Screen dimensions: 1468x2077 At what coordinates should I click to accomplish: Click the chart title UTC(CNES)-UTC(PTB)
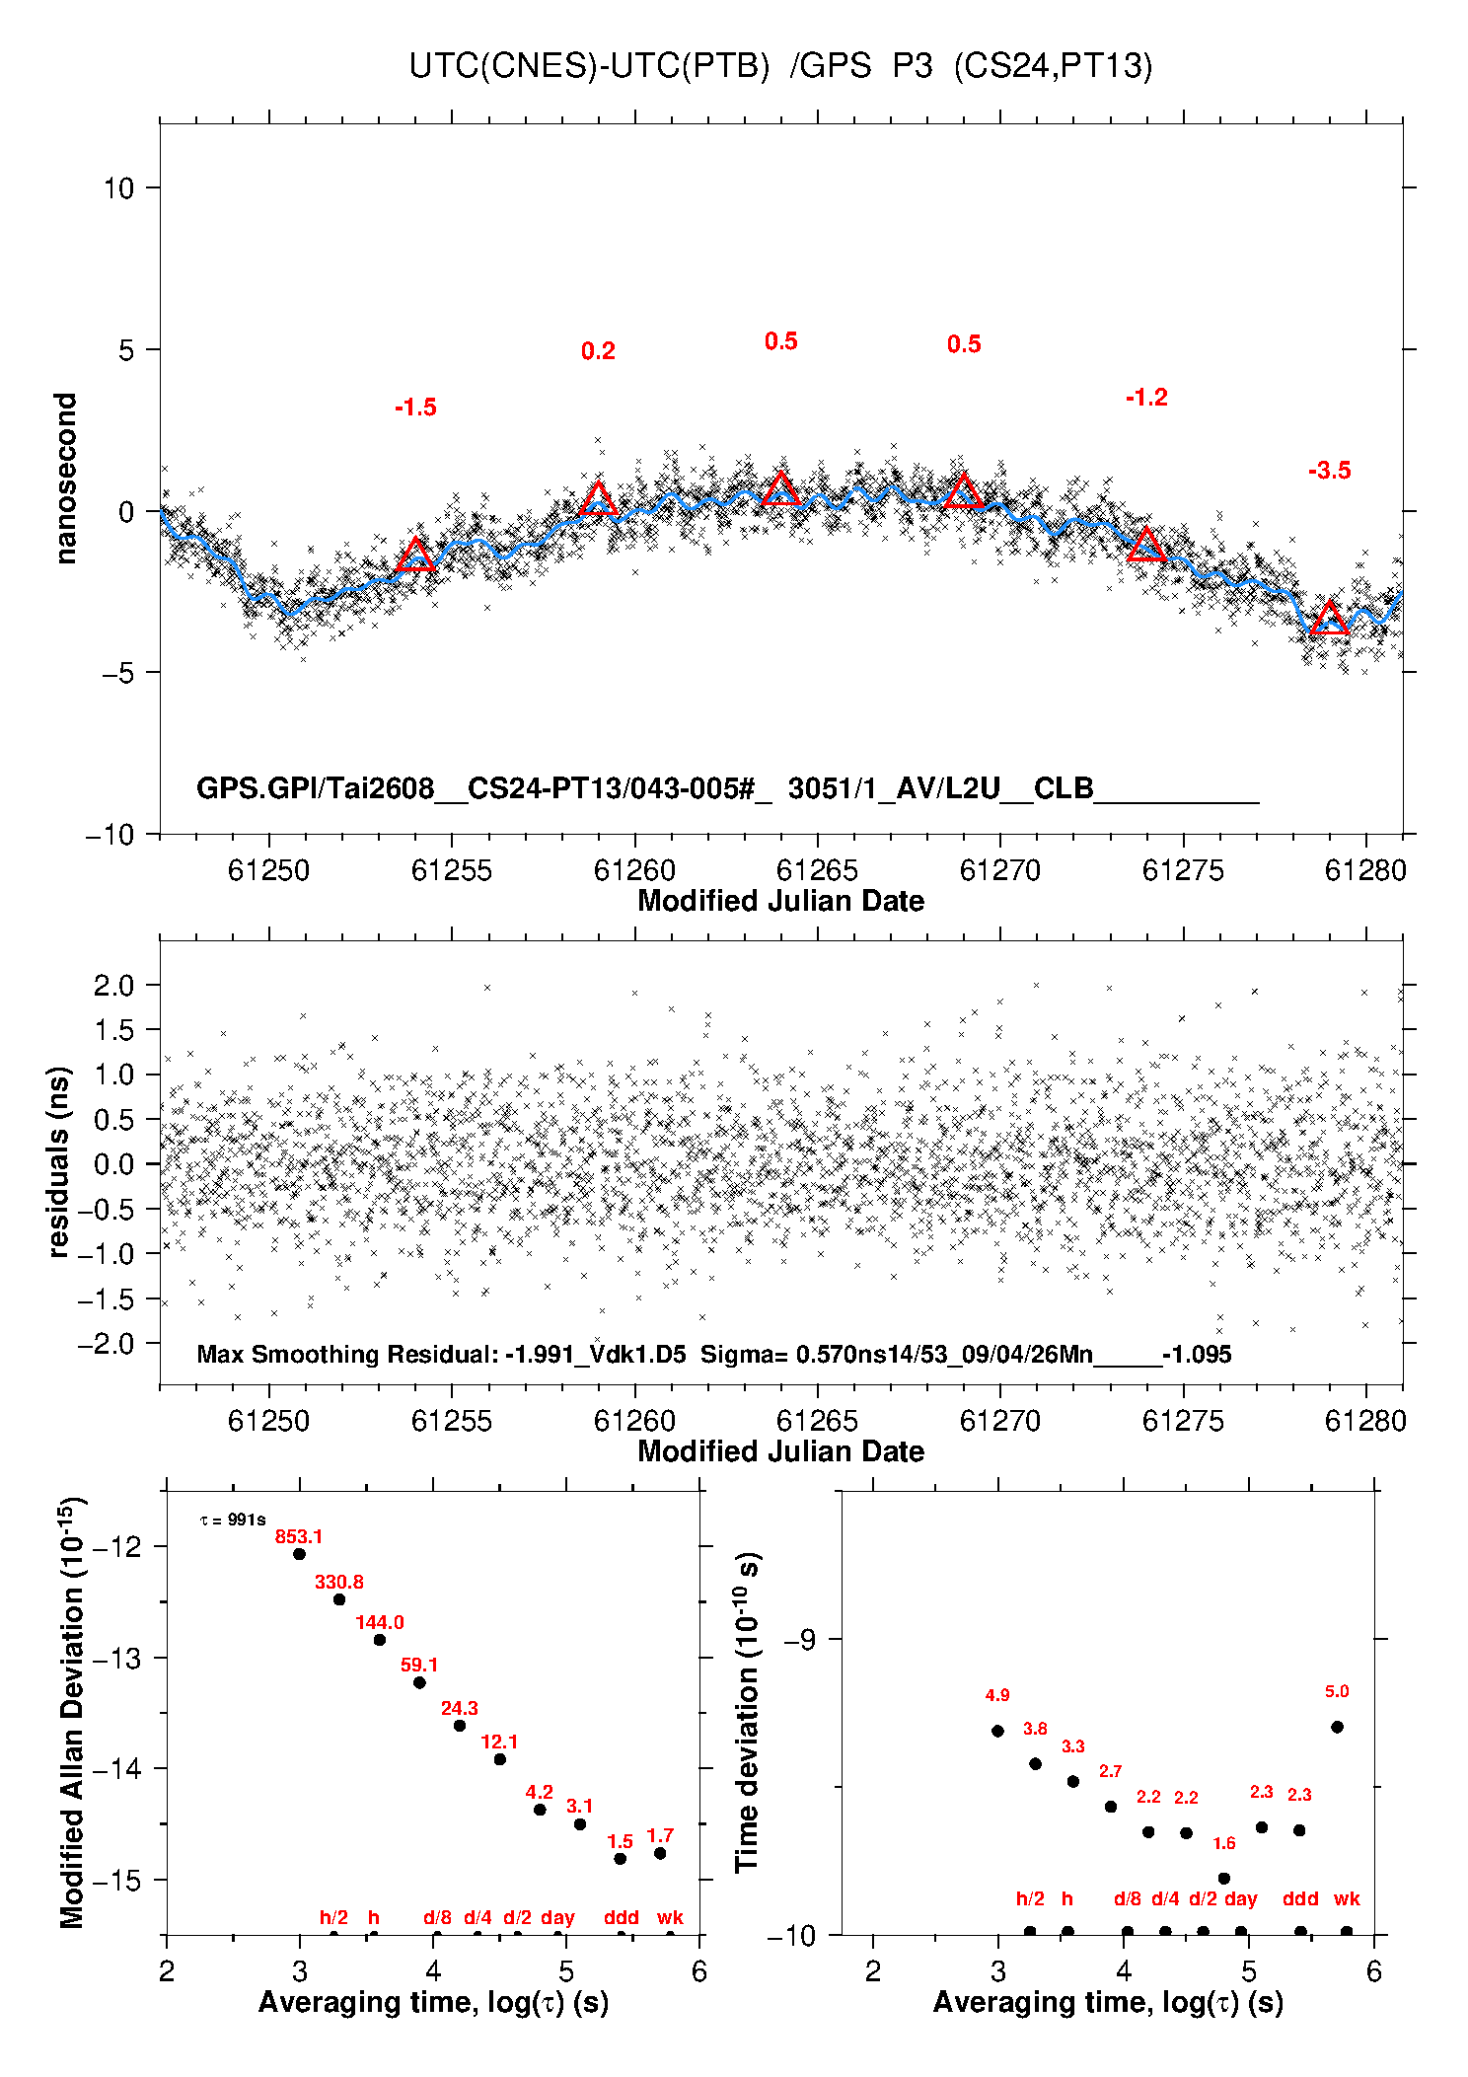589,66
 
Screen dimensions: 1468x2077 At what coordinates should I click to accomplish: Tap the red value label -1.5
415,408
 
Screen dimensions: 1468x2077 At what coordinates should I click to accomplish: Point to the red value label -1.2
1146,398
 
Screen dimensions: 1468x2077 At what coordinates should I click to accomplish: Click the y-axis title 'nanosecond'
65,479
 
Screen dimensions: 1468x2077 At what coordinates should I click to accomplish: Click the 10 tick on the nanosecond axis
118,187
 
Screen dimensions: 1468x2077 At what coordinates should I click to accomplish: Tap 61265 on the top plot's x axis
817,870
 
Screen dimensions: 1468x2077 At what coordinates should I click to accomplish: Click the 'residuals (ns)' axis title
59,1161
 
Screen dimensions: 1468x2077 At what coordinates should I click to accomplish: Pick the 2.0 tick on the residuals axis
113,985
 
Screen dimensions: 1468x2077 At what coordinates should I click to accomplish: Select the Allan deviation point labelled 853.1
299,1554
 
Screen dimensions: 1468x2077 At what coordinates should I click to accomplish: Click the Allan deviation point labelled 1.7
660,1853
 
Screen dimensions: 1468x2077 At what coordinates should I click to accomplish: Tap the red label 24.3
460,1708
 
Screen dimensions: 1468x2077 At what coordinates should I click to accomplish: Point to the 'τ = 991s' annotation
233,1521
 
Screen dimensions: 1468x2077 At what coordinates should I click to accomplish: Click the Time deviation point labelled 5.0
1337,1727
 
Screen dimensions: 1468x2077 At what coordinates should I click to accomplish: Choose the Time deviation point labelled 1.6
1223,1879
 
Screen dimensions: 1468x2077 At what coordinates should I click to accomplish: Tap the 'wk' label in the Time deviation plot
1347,1898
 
